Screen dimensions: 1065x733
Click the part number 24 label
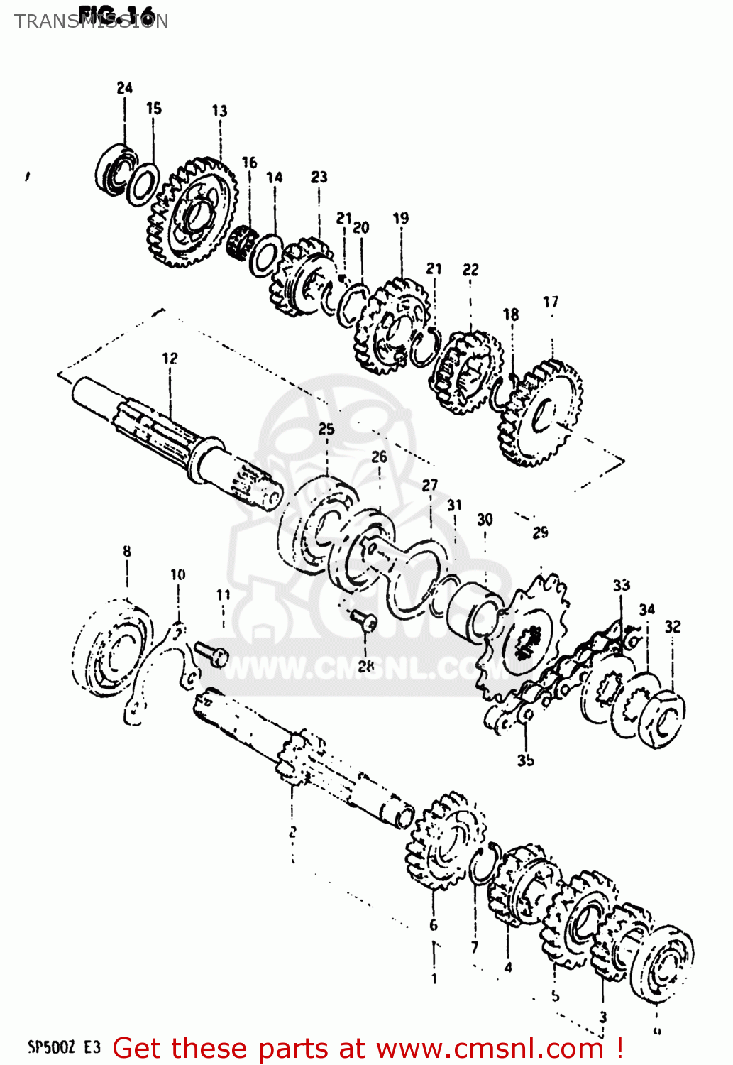tap(125, 88)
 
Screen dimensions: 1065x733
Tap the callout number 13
tap(219, 111)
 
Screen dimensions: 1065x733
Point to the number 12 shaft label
tap(170, 359)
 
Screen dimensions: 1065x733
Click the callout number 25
tap(326, 429)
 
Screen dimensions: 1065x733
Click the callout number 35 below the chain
tap(525, 760)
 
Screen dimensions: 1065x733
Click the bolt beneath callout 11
tap(210, 652)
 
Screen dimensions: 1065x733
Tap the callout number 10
tap(177, 574)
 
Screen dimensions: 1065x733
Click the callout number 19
tap(401, 219)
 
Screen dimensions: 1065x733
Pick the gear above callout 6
tap(446, 841)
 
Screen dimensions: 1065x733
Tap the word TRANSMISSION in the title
tap(91, 21)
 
